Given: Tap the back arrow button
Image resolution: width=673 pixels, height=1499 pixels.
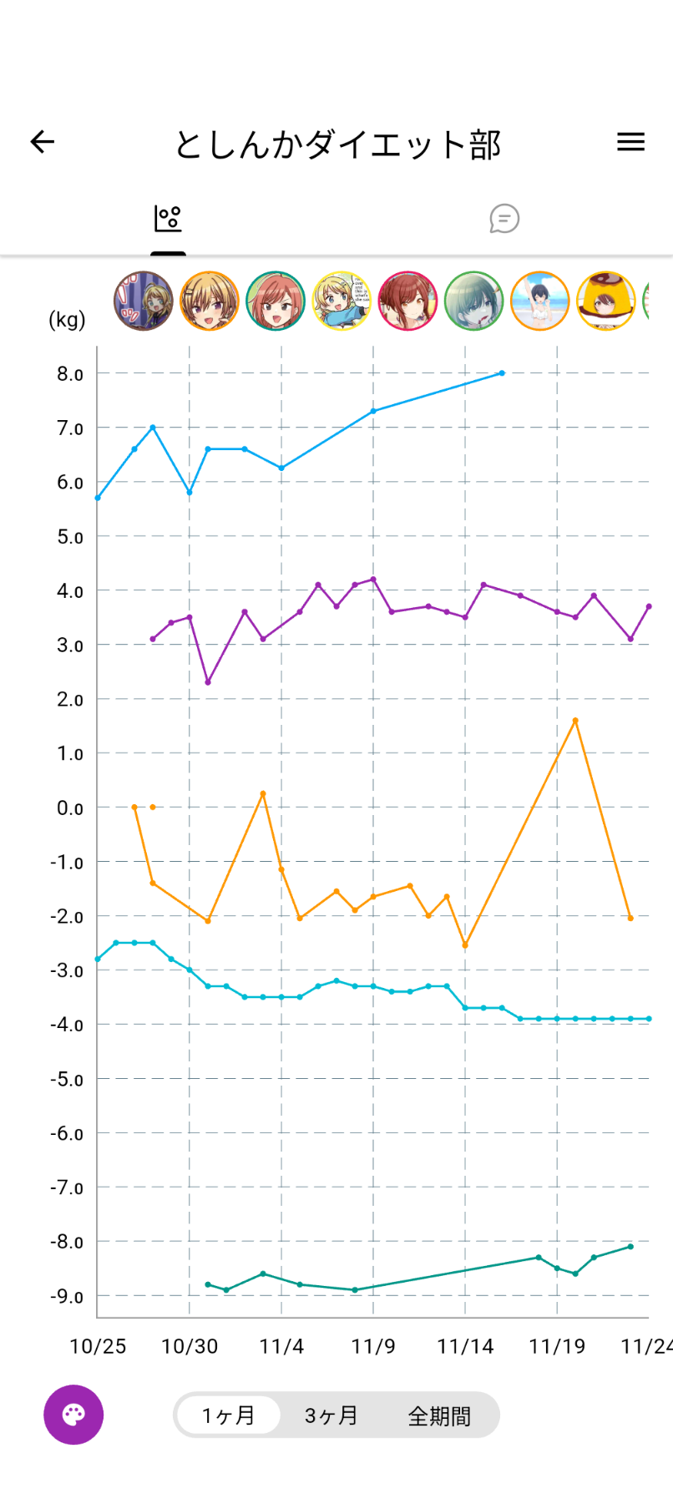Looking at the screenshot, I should click(x=43, y=142).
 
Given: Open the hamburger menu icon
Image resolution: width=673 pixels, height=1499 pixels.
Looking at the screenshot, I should click(x=630, y=142).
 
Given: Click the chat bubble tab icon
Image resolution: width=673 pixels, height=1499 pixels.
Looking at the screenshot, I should click(x=504, y=219).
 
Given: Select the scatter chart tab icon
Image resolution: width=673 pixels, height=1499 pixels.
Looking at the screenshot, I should click(x=168, y=219).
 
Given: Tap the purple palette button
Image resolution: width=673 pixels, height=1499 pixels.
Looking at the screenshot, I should click(x=73, y=1415).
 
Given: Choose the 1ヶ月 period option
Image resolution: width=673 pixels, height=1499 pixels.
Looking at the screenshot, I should click(x=228, y=1415).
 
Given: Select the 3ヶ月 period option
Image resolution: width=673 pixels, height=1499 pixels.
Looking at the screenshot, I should click(x=331, y=1415).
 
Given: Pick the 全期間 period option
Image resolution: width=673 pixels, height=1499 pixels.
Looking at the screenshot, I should click(x=439, y=1415).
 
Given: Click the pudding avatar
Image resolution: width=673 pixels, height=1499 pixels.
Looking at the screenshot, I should click(x=606, y=301).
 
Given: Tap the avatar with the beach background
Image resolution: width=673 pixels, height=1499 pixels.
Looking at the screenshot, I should click(x=540, y=301).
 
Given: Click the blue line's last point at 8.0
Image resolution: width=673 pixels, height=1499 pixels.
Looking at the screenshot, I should click(x=502, y=373).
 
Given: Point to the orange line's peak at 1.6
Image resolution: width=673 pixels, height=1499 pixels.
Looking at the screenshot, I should click(x=575, y=721).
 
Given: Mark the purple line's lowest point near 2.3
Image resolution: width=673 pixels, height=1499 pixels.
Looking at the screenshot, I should click(x=208, y=682).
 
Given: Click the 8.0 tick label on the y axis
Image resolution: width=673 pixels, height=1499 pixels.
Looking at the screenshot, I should click(x=70, y=374).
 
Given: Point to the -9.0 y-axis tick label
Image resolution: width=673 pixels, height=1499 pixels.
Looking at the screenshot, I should click(x=67, y=1296).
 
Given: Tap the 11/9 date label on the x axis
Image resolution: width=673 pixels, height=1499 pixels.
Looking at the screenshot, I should click(x=373, y=1346).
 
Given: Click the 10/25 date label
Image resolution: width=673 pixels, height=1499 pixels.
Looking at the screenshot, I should click(x=98, y=1346).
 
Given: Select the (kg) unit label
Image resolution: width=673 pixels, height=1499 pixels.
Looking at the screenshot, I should click(x=67, y=320).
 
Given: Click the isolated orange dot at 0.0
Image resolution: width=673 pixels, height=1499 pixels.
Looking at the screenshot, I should click(x=153, y=807).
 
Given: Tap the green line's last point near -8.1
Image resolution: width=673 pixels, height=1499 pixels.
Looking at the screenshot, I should click(x=630, y=1247).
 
